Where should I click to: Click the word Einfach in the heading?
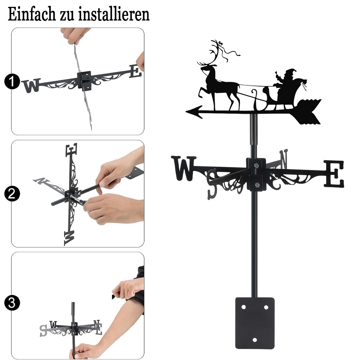pyautogui.click(x=32, y=14)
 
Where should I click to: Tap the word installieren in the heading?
pyautogui.click(x=114, y=14)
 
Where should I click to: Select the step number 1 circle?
pyautogui.click(x=12, y=81)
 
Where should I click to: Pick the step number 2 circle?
pyautogui.click(x=12, y=194)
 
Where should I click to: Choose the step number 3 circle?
pyautogui.click(x=12, y=303)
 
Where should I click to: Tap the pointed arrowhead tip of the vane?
pyautogui.click(x=186, y=112)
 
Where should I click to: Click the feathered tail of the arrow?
pyautogui.click(x=308, y=112)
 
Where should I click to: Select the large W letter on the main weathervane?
pyautogui.click(x=184, y=168)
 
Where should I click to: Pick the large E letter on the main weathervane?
pyautogui.click(x=334, y=174)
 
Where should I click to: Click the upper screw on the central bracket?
pyautogui.click(x=256, y=165)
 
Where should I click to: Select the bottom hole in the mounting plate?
pyautogui.click(x=255, y=340)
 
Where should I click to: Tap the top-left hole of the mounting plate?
pyautogui.click(x=244, y=307)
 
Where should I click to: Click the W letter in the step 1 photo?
pyautogui.click(x=31, y=85)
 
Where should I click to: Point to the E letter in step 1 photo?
pyautogui.click(x=135, y=71)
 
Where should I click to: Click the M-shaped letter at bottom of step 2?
pyautogui.click(x=69, y=238)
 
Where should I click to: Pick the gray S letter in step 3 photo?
pyautogui.click(x=43, y=330)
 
